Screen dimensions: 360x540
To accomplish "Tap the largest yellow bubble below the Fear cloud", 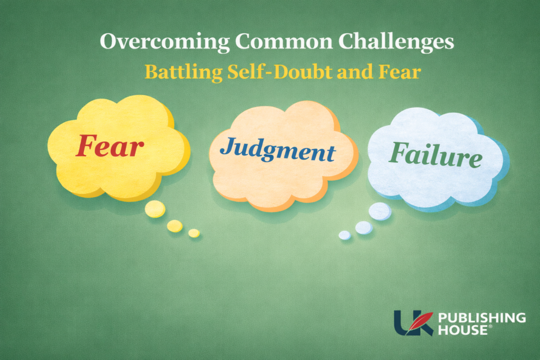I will tap(155, 209).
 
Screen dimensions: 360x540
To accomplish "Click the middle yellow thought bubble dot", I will tap(175, 226).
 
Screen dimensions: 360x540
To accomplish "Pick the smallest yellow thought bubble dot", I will tap(194, 233).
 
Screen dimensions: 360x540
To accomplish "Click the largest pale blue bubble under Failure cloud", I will tap(380, 211).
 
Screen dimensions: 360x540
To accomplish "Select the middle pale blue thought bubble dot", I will tap(363, 228).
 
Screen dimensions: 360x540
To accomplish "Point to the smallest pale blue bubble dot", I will tap(344, 235).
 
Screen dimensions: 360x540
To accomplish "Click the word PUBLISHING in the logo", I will tap(482, 318).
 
